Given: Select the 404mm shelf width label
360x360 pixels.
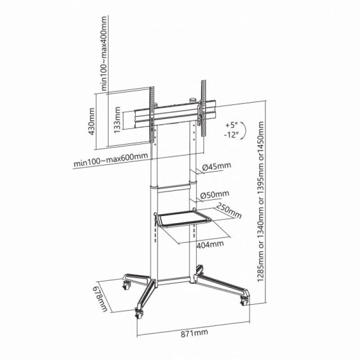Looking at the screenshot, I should (210, 244).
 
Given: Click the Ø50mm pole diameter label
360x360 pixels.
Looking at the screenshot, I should (215, 194).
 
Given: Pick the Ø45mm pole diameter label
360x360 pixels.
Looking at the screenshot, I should (216, 166).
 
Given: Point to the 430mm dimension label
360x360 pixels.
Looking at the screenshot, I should (92, 121).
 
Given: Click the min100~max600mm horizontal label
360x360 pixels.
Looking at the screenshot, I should (111, 160).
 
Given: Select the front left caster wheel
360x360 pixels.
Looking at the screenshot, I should (139, 313).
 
